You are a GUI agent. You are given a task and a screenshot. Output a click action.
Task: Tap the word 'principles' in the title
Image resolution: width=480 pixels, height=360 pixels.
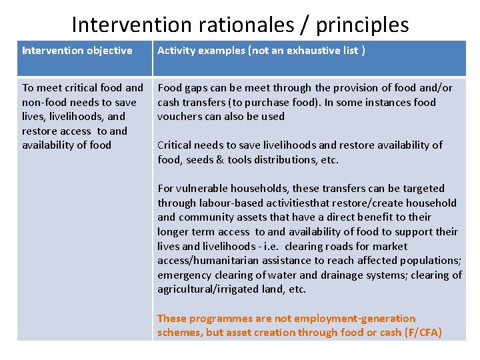pos(362,25)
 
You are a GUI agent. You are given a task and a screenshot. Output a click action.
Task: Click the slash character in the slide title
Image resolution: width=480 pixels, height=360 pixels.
pos(305,25)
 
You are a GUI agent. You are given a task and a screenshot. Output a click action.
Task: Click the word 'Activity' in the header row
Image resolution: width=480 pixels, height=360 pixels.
pos(177,51)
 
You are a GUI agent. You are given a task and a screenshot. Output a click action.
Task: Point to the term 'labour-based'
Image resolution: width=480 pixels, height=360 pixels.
pos(232,203)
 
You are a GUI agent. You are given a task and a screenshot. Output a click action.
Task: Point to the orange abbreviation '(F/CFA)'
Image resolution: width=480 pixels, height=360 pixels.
pos(423,333)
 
